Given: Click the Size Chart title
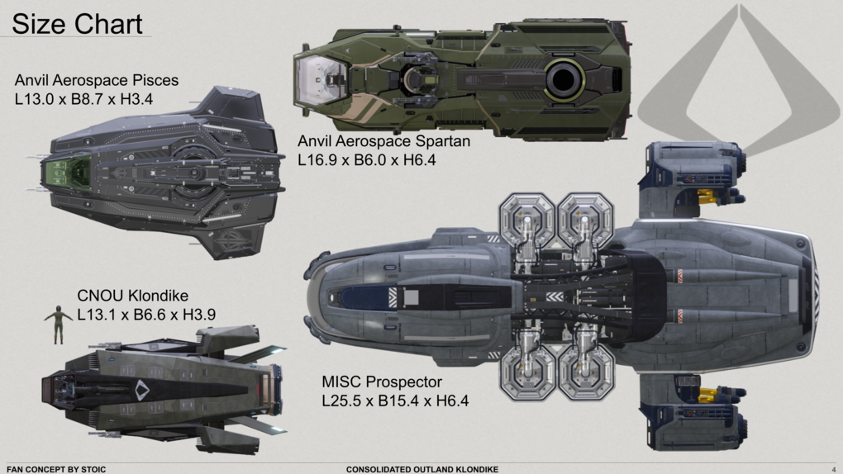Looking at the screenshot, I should [78, 24].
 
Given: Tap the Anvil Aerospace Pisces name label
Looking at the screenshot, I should [97, 81].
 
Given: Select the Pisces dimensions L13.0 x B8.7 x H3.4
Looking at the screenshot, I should [85, 99].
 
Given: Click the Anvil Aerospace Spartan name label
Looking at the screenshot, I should [384, 141].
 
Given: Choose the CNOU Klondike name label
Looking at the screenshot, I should [132, 296].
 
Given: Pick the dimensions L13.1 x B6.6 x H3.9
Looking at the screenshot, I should [146, 314].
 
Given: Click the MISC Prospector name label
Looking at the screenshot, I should [382, 383].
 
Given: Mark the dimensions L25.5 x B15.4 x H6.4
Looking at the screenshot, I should [395, 402].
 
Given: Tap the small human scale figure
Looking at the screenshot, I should [59, 324].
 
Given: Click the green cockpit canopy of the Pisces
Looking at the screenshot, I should [69, 174].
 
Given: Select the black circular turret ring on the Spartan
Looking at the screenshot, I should [563, 80].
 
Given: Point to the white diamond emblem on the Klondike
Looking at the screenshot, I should [142, 390].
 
